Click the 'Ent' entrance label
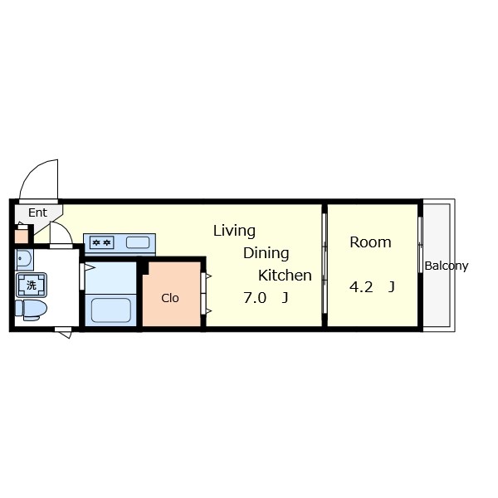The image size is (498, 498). (x=37, y=212)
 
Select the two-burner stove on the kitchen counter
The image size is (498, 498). (x=102, y=242)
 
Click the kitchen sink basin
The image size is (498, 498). (x=138, y=242)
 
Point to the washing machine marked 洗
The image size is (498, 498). (x=32, y=286)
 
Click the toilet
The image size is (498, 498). (x=32, y=309)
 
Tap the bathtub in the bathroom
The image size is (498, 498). (x=110, y=310)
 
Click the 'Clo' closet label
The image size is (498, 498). (x=170, y=298)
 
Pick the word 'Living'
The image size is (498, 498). (x=234, y=231)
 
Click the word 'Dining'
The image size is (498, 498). (x=266, y=253)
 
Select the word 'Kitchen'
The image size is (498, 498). (x=285, y=276)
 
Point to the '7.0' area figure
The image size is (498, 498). (x=255, y=298)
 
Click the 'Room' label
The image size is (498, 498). (x=370, y=242)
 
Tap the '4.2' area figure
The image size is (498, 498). (x=361, y=287)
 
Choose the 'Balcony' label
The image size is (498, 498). (x=446, y=266)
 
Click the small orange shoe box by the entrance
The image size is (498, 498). (x=22, y=235)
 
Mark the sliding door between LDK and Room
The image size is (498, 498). (x=325, y=266)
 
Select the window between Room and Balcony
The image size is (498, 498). (x=421, y=266)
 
